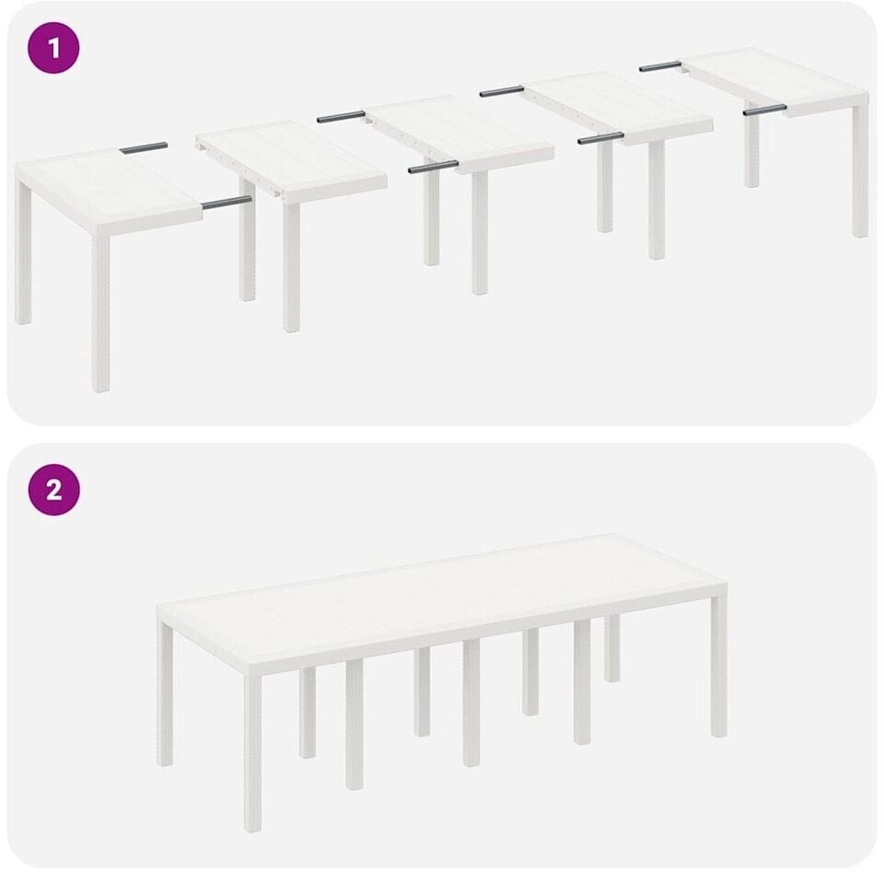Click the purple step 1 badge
[53, 48]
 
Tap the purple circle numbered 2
[54, 490]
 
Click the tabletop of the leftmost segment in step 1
[107, 189]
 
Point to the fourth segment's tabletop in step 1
[617, 108]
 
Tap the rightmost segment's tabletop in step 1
[775, 81]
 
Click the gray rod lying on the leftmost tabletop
[144, 147]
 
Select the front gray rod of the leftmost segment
[227, 203]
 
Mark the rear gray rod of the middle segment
[341, 117]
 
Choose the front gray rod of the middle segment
[434, 167]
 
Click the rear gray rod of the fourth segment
[502, 91]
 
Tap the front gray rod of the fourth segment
[601, 138]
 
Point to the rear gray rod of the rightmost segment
[660, 66]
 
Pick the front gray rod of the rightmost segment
[764, 110]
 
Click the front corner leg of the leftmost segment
[100, 313]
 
